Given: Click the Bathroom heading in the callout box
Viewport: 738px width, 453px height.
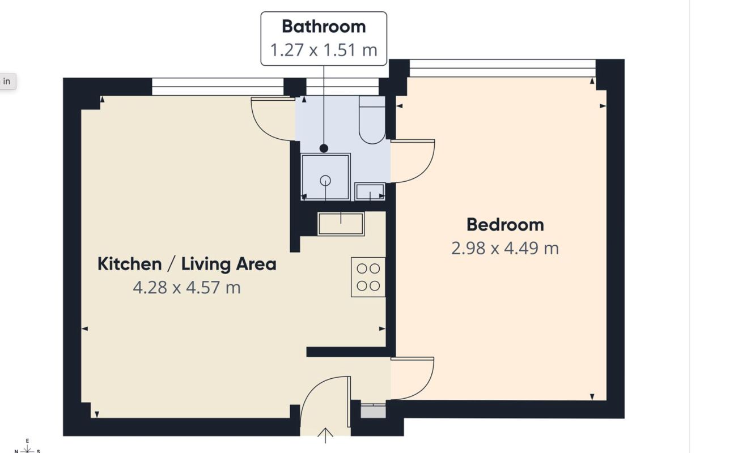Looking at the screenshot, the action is click(x=324, y=27).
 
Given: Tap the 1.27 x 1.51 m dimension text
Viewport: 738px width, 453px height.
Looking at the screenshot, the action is click(x=324, y=50).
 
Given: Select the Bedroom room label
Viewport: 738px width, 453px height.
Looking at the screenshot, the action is click(x=505, y=225).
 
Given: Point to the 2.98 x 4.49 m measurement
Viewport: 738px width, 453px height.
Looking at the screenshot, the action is click(x=505, y=248).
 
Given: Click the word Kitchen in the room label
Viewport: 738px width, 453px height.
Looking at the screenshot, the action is click(x=129, y=264).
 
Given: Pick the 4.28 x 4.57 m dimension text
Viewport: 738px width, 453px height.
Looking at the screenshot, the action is click(x=187, y=288).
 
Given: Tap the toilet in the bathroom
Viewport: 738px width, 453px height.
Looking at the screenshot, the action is click(x=372, y=120).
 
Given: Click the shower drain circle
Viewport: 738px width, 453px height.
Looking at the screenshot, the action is click(x=325, y=181).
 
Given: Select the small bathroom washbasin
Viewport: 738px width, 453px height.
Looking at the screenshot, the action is click(x=370, y=191).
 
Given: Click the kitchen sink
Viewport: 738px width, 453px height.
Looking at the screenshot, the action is click(x=341, y=224).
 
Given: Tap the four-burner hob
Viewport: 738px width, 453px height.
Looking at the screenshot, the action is click(x=368, y=277).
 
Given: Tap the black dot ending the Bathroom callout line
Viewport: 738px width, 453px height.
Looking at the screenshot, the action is click(x=324, y=148).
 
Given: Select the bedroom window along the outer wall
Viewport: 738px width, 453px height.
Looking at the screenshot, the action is click(x=502, y=68).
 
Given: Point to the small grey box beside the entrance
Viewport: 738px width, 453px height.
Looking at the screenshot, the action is click(x=373, y=412).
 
